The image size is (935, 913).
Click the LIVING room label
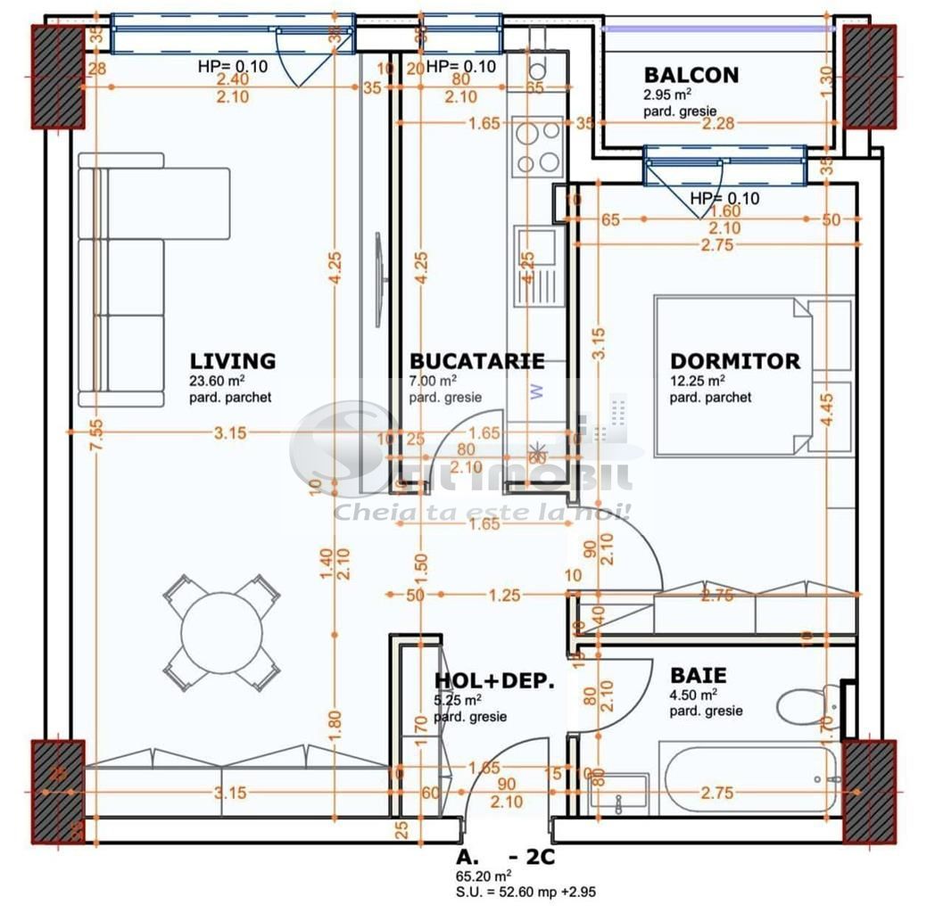232,361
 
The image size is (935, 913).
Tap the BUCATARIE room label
476,361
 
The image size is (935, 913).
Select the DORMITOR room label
734,361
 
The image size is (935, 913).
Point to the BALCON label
691,75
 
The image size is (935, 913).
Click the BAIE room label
698,676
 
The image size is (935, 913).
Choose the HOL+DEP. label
494,681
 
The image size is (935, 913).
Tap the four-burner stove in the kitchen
539,146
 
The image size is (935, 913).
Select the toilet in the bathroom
806,704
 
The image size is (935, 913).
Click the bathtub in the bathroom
748,777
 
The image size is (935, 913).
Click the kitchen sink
539,265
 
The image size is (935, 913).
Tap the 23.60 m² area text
217,381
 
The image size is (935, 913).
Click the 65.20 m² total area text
483,876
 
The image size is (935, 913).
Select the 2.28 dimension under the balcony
717,124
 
